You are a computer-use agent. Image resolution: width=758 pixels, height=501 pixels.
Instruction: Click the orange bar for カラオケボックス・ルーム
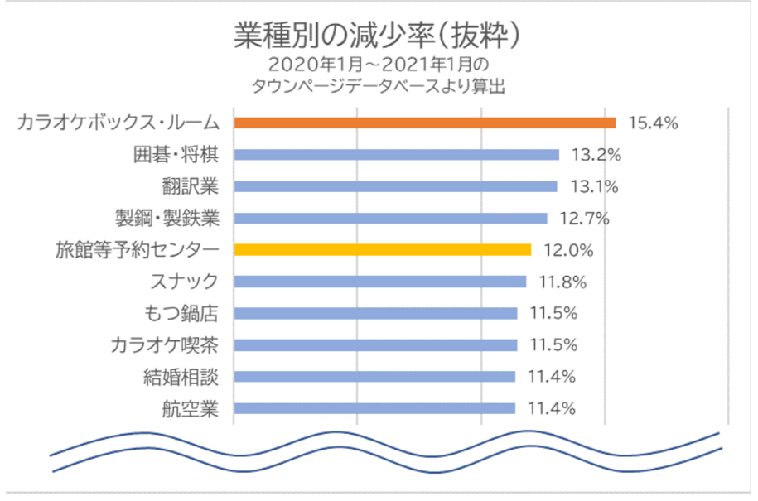425,123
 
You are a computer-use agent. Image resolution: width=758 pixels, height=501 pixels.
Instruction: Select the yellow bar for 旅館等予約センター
383,249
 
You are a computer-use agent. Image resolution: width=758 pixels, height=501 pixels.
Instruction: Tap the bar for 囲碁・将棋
397,154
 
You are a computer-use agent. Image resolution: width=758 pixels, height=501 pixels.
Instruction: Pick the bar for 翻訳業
396,185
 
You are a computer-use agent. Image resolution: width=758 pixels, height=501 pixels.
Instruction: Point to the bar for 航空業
374,407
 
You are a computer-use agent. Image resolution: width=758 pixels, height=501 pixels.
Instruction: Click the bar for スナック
380,282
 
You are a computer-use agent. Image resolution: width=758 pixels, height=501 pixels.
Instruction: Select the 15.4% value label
654,123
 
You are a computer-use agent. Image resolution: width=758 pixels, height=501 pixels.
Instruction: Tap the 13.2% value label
596,155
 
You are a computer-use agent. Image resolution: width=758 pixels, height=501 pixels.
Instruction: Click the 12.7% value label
584,219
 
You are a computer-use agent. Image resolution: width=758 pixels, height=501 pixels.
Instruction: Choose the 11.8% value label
562,282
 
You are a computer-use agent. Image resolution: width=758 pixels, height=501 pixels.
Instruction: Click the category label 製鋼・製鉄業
167,219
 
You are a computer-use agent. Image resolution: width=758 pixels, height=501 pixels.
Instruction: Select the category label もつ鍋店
181,313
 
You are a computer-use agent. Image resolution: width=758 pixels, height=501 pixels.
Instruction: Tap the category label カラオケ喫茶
165,344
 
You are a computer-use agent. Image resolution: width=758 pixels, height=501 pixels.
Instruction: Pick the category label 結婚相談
181,377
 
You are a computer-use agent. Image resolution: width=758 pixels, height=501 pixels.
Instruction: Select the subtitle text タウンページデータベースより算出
379,85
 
